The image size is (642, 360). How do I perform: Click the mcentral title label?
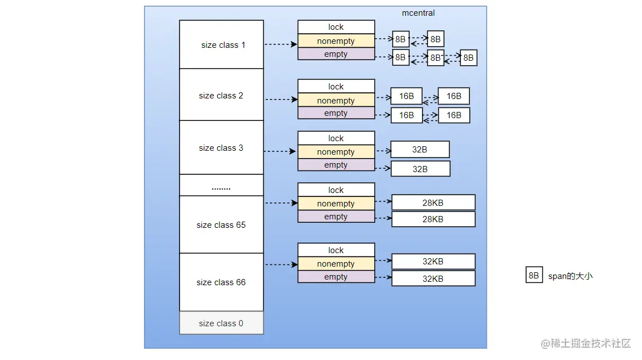(418, 13)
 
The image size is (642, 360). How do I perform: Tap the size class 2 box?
(221, 96)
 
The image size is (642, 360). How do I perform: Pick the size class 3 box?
(221, 148)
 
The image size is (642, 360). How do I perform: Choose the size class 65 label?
(221, 225)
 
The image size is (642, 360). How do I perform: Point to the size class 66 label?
(221, 282)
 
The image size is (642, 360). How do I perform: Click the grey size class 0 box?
(221, 323)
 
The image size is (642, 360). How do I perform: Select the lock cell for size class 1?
(336, 27)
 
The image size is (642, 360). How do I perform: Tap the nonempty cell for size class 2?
(336, 101)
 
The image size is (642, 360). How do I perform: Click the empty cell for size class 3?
(336, 165)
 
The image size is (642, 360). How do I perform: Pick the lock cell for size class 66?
(336, 250)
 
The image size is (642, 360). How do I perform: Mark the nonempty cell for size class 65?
(336, 204)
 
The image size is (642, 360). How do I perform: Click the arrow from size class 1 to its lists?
(280, 44)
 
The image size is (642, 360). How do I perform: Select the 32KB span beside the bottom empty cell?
(433, 278)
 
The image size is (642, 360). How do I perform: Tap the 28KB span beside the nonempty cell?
(433, 202)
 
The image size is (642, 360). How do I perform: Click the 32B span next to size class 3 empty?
(420, 169)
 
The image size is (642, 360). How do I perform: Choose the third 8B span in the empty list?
(468, 57)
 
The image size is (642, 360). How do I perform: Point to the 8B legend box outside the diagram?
(534, 276)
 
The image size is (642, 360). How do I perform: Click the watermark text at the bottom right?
(586, 343)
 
